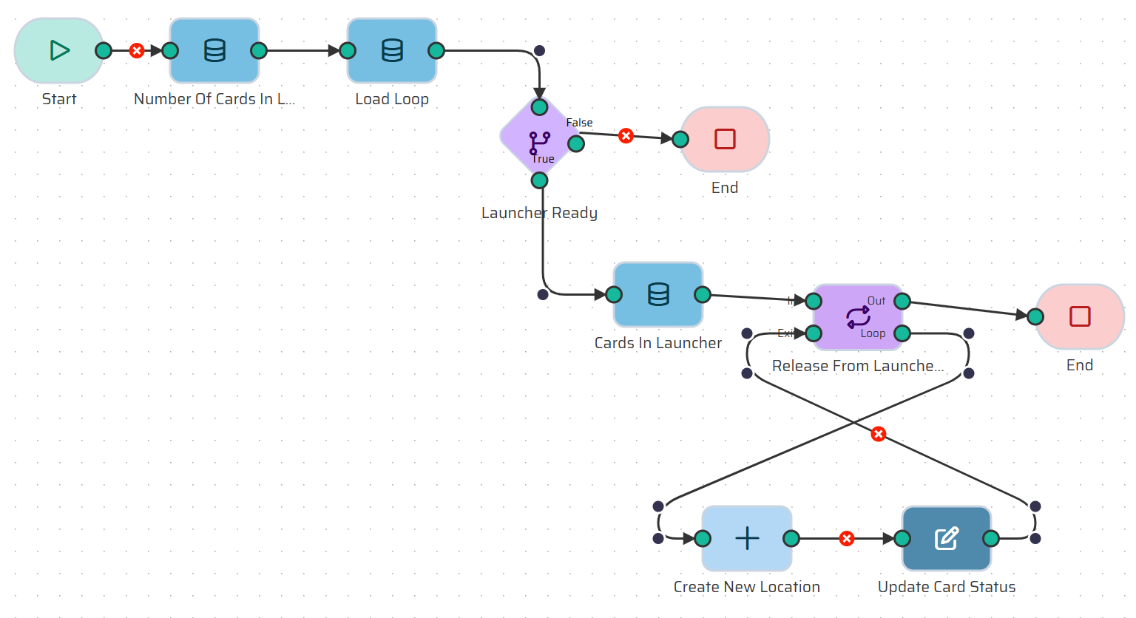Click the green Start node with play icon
[x=58, y=50]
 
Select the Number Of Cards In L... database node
[x=214, y=50]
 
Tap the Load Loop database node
[x=392, y=50]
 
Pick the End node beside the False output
[x=725, y=139]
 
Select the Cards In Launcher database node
[x=658, y=294]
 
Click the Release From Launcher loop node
[x=858, y=316]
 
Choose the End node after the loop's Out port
[x=1080, y=316]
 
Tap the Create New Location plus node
[x=747, y=538]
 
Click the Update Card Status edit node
[x=947, y=538]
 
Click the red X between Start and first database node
[x=137, y=50]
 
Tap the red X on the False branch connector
[x=626, y=136]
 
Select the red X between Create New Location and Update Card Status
[x=848, y=538]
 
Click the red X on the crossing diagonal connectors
[x=879, y=434]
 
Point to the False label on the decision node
[x=579, y=123]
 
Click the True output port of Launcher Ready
[x=540, y=180]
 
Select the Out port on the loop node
[x=902, y=301]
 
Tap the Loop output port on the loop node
[x=902, y=333]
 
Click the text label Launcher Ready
[x=539, y=213]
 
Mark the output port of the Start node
[x=104, y=50]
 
